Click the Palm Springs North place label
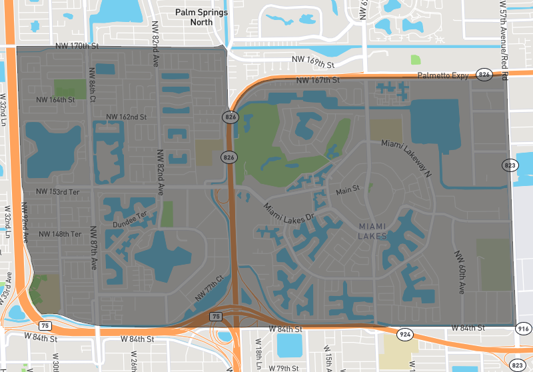(x=201, y=17)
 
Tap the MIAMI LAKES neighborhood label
(x=372, y=231)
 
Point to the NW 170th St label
(x=77, y=47)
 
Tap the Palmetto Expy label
(x=443, y=76)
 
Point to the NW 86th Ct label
(x=91, y=86)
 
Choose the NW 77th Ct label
(x=209, y=287)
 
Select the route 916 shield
(x=522, y=328)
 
